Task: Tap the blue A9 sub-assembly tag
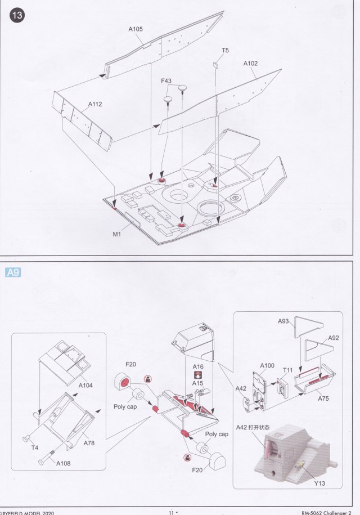point(12,272)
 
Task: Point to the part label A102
point(250,64)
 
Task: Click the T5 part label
point(225,51)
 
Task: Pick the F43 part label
point(166,81)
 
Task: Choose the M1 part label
point(116,234)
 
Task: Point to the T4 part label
point(34,448)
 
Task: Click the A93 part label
point(283,321)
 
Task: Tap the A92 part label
point(334,338)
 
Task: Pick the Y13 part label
point(320,483)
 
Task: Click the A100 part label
point(267,365)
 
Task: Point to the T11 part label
point(288,370)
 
